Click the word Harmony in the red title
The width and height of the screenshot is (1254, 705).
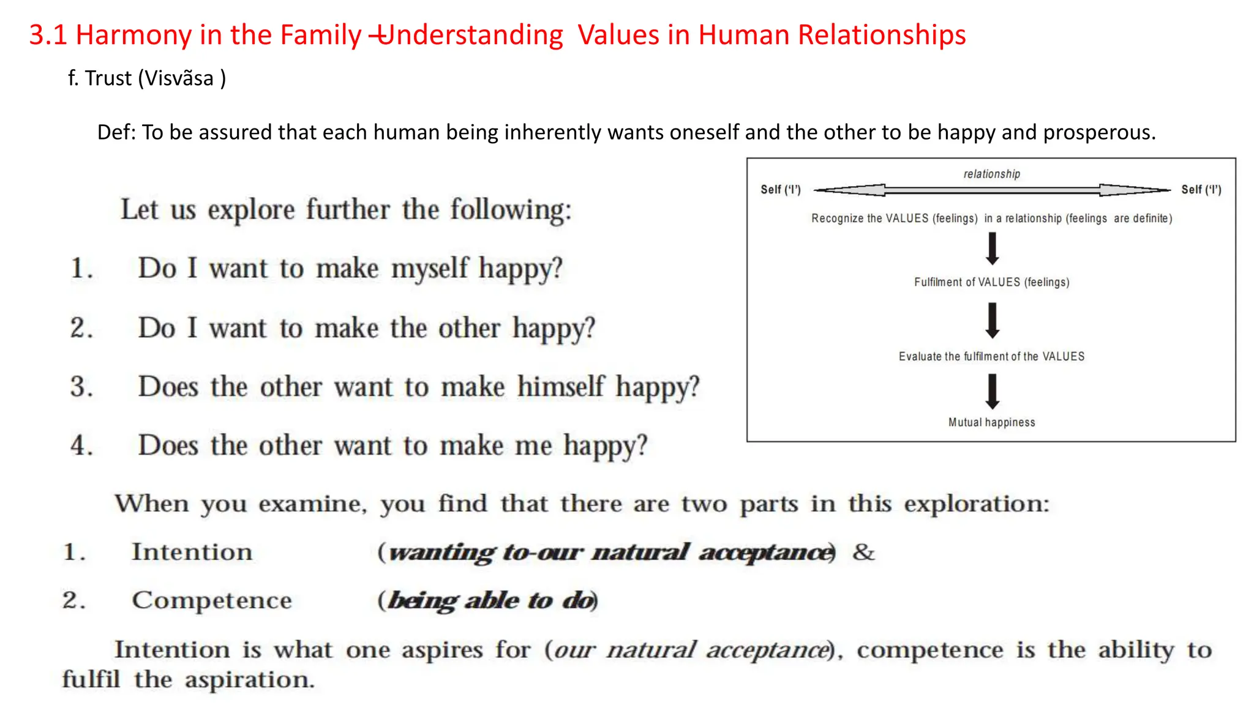(133, 35)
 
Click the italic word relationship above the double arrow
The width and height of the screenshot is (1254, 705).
(991, 174)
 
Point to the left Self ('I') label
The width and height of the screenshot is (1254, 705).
(780, 190)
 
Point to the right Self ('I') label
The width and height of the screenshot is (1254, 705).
(1201, 190)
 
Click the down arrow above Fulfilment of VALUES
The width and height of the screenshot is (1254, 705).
(992, 249)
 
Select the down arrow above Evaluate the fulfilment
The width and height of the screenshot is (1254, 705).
(992, 321)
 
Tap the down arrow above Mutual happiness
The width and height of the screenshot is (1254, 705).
(992, 392)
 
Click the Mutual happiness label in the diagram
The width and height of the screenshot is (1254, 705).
(991, 422)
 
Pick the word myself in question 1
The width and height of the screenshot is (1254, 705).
(429, 269)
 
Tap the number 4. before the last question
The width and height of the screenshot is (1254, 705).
(81, 446)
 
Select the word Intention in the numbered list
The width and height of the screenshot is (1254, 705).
(192, 552)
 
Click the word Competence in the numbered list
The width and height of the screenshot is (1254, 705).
(212, 600)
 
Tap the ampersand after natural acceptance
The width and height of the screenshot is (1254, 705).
(863, 552)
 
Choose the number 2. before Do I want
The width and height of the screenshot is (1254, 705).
(81, 328)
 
